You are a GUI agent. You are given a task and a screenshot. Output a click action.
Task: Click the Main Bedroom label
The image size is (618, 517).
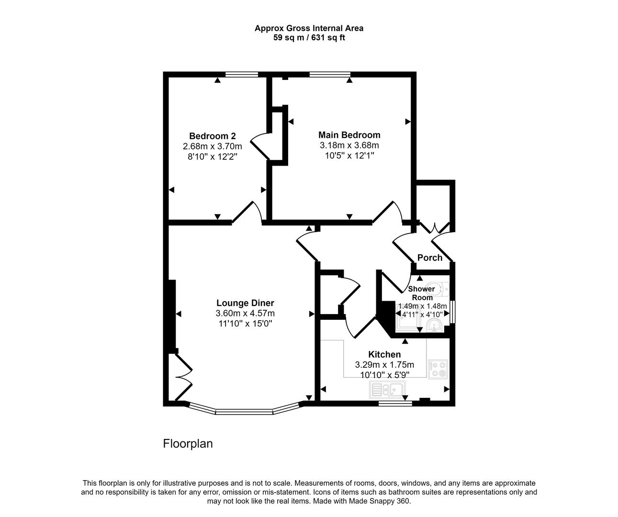349,135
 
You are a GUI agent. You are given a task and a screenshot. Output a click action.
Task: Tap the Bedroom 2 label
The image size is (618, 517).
212,136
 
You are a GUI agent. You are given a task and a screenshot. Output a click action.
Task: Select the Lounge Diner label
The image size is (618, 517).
245,303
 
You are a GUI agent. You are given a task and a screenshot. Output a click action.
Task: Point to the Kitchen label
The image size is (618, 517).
384,354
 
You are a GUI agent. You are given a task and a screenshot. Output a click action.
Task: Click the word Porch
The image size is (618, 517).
430,258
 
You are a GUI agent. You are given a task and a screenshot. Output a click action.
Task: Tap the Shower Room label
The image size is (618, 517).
421,293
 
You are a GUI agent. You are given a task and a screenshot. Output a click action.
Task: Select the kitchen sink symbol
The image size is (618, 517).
386,390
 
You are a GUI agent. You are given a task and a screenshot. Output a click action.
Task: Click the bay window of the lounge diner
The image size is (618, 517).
244,410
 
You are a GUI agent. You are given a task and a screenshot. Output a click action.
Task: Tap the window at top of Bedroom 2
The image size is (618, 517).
242,74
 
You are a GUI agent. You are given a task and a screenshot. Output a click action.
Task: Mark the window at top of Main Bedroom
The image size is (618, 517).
329,74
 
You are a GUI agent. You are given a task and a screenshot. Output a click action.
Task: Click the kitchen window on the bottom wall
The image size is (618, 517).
395,404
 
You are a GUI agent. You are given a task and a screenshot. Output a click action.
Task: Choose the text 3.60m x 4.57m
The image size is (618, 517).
245,314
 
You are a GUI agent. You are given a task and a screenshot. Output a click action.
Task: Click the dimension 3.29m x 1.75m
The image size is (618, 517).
384,365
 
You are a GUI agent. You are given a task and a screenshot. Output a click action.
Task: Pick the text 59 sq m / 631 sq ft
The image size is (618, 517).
309,38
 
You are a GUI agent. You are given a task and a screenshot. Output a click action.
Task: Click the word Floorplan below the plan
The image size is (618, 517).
188,444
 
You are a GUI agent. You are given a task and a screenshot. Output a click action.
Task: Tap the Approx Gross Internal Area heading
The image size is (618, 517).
309,28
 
